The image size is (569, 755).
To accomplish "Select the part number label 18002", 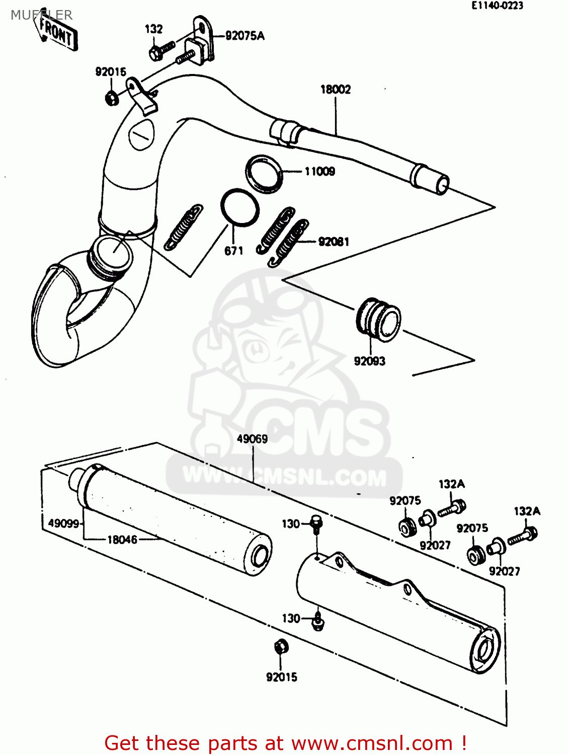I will (x=336, y=90).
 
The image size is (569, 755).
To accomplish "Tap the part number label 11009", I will (x=319, y=172).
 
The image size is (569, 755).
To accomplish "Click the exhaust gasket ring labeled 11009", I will (x=264, y=174).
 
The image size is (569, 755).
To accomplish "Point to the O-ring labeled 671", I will (x=240, y=207).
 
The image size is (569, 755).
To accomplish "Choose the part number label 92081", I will (x=334, y=242).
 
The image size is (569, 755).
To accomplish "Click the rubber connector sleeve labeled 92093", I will (x=378, y=320).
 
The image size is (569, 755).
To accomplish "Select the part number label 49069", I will (x=252, y=439).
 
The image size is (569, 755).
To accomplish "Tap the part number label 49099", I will (x=63, y=523).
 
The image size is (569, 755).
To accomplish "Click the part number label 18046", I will (x=122, y=540).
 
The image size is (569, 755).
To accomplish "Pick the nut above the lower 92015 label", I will (x=281, y=647).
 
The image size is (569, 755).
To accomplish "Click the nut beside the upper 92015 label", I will (x=112, y=97).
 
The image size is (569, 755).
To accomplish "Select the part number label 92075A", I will (x=245, y=36).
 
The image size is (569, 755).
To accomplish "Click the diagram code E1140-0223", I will (x=497, y=6).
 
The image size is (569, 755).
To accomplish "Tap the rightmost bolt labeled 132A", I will (x=524, y=536).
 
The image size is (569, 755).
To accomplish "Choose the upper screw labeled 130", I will (x=316, y=524).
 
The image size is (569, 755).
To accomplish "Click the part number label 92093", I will (x=369, y=361).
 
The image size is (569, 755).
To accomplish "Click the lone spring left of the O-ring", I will (x=184, y=227).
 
